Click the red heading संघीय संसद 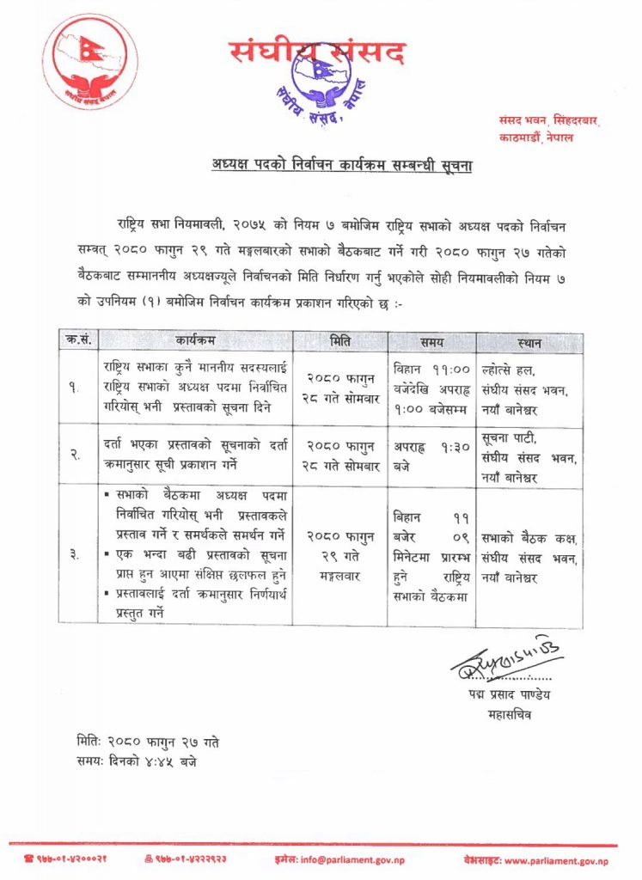tap(317, 52)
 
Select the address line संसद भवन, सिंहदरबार tap(549, 122)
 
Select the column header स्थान tap(529, 342)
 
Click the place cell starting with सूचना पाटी tap(528, 454)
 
